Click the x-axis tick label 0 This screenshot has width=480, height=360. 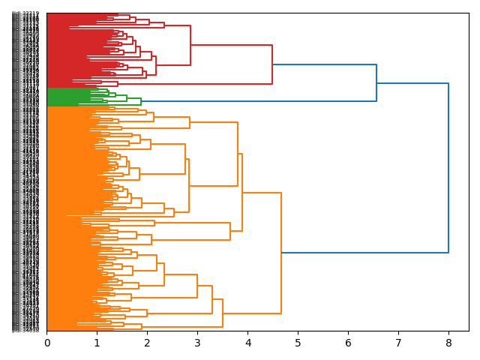click(x=47, y=343)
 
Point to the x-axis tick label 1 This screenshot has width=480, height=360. click(x=97, y=343)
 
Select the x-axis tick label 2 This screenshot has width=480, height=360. click(x=147, y=343)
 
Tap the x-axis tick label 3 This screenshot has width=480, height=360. click(x=197, y=343)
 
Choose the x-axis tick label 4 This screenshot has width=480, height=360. click(x=247, y=343)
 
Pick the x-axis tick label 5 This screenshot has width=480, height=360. click(x=298, y=343)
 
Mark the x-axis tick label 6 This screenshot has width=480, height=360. click(x=348, y=343)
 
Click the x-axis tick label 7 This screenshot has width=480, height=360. click(x=398, y=343)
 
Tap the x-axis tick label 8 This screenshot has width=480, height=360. click(x=448, y=343)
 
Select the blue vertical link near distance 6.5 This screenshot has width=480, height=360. click(x=376, y=82)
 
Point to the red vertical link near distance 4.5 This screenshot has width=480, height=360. click(x=272, y=64)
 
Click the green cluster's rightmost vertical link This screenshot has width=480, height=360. click(x=140, y=100)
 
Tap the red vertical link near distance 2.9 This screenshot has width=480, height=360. click(x=190, y=45)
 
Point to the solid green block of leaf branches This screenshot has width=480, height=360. click(x=67, y=97)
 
